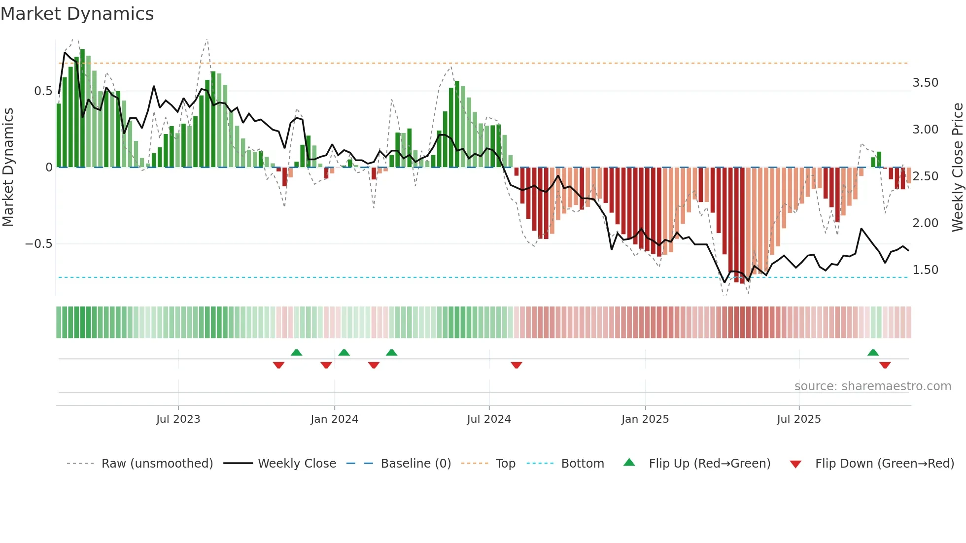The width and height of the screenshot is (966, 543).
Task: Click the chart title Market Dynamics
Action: click(77, 14)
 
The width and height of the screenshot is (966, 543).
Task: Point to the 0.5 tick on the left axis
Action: click(43, 91)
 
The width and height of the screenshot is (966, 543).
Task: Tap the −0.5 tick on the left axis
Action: click(38, 244)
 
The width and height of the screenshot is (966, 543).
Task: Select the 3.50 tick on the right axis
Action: click(925, 83)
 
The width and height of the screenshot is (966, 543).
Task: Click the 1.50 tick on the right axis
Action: click(925, 270)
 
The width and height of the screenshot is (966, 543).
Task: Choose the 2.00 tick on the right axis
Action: click(925, 223)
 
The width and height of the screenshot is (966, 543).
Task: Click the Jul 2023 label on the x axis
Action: click(178, 419)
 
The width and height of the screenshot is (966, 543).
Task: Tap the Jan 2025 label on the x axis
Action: click(645, 419)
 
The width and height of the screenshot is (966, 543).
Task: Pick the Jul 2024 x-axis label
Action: click(488, 419)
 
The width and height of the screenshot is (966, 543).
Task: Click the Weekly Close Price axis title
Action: click(957, 167)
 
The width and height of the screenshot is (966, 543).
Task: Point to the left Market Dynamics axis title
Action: click(8, 167)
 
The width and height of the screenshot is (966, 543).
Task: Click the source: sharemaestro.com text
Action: click(872, 386)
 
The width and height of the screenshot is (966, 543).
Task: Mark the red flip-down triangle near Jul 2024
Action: click(516, 365)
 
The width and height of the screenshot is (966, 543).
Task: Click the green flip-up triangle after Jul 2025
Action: click(873, 352)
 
